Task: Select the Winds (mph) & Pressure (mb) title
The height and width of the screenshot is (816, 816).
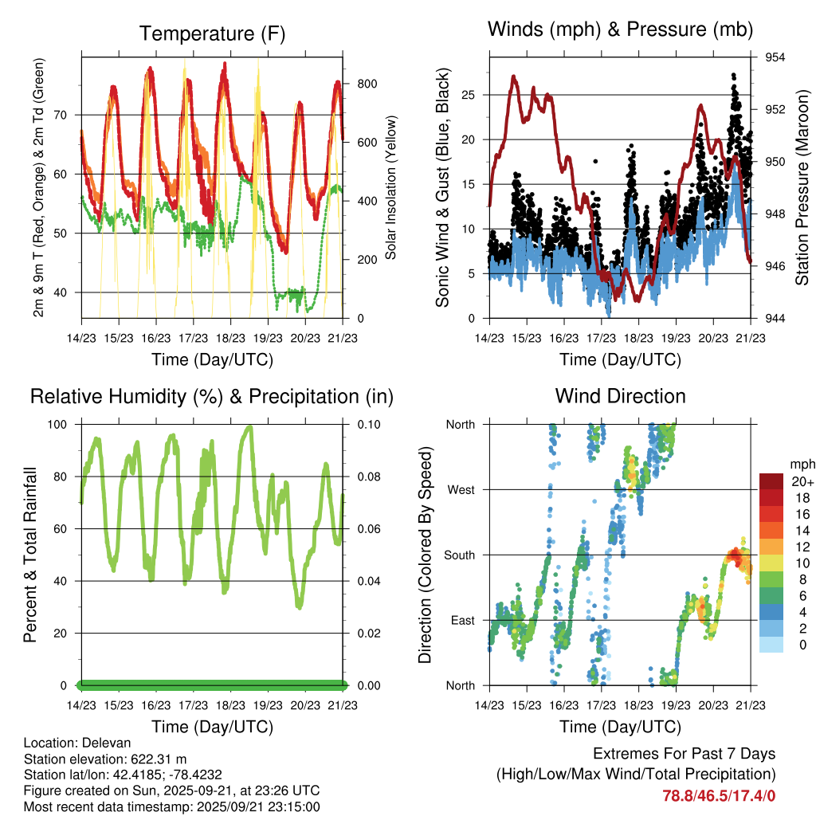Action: (x=621, y=29)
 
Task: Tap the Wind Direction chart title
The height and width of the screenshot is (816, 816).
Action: (x=620, y=395)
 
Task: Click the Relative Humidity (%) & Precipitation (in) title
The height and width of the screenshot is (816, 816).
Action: (x=212, y=396)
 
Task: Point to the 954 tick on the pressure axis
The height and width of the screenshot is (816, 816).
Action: (x=776, y=57)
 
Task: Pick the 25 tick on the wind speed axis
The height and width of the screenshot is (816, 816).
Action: (x=469, y=95)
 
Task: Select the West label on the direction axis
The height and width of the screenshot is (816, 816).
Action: (x=461, y=489)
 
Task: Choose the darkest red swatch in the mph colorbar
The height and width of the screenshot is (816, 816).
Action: (x=772, y=481)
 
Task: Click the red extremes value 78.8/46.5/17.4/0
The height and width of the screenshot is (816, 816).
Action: (x=720, y=795)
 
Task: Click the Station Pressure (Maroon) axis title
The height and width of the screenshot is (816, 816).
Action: (x=802, y=188)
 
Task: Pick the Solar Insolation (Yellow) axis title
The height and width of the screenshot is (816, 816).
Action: (x=391, y=188)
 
